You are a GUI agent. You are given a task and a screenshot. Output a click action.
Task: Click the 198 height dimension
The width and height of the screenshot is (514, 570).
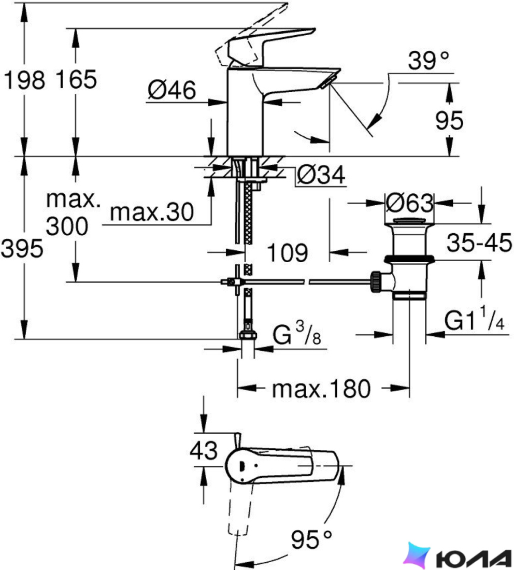pos(24,80)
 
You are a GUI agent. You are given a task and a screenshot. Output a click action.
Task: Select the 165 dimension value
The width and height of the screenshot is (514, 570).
pos(76,79)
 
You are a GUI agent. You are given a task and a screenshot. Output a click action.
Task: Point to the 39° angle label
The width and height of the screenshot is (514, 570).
pos(429,60)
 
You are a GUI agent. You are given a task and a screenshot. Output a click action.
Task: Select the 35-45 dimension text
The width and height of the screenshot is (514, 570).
pos(479,243)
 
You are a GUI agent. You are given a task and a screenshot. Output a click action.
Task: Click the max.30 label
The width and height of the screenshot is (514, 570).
pos(152,212)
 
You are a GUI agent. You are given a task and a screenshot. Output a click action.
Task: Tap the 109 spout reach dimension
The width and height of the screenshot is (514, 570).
pos(287,253)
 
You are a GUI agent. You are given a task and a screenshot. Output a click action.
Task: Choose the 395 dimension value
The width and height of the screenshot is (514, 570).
pos(22,249)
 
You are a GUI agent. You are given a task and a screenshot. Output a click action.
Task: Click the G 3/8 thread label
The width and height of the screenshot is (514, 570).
pos(296,334)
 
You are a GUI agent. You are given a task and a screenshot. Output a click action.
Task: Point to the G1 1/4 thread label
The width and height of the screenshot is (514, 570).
pos(474,319)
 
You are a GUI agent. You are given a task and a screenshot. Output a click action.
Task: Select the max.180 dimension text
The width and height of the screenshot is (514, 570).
pos(321,389)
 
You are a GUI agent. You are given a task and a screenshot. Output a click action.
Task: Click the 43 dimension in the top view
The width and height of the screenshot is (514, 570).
pos(204,450)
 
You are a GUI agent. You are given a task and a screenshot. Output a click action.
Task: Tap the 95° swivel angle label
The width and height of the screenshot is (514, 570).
pos(311,539)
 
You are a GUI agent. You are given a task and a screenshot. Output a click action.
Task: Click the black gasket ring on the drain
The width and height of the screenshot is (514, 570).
pos(409,259)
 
